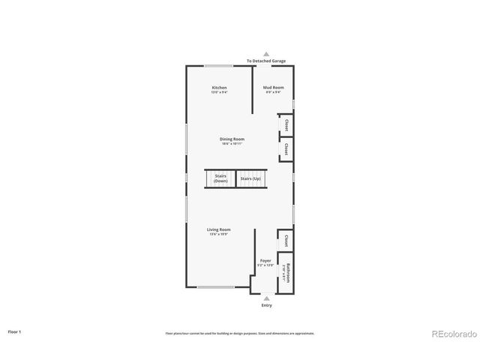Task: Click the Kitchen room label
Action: [219, 88]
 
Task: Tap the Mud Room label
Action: [273, 88]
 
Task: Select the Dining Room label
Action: [232, 139]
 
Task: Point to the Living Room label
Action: [219, 229]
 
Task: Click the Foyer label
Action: [265, 261]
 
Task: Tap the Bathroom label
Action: [285, 273]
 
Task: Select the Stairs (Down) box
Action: [220, 179]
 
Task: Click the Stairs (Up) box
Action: [250, 179]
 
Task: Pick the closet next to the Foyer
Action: [286, 241]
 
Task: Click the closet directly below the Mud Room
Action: [286, 124]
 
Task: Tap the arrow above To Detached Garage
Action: [266, 55]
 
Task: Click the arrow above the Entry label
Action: [266, 298]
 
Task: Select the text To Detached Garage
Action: [266, 61]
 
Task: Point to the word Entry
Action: [266, 305]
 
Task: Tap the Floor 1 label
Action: [14, 331]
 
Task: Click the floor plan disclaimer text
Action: [240, 334]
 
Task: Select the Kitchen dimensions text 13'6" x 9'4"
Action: [219, 92]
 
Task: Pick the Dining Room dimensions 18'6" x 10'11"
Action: [232, 143]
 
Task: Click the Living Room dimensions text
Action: [219, 234]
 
